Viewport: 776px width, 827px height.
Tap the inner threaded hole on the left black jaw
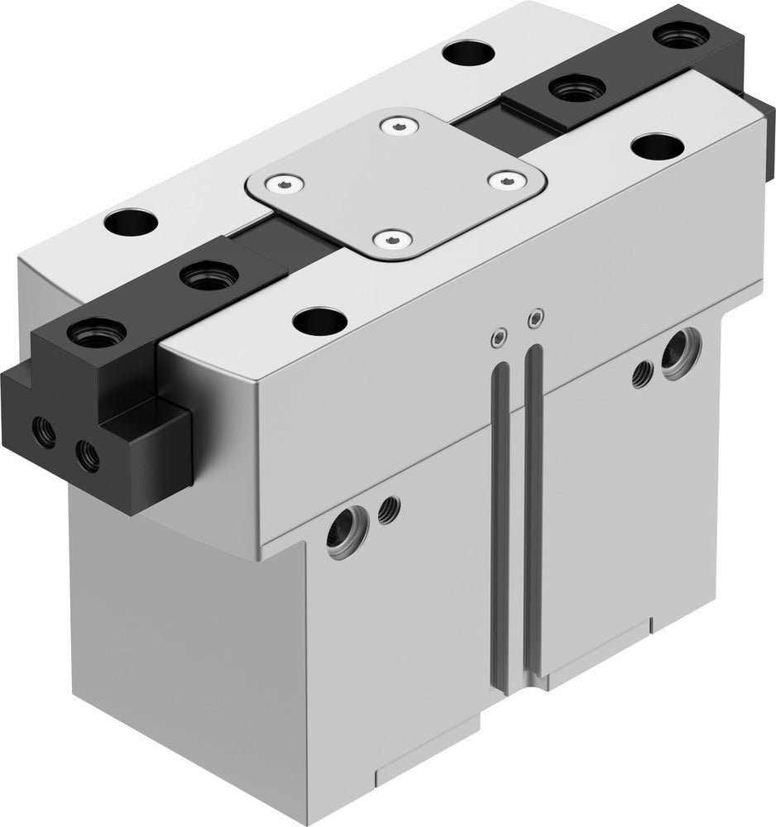tap(204, 275)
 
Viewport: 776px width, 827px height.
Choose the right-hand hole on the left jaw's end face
tap(85, 454)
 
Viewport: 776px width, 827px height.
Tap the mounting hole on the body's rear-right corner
tap(468, 54)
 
